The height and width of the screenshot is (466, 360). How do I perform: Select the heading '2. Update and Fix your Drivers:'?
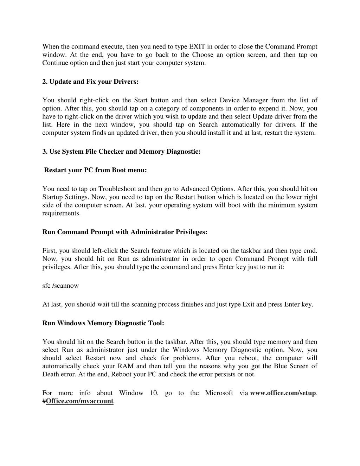tap(90, 82)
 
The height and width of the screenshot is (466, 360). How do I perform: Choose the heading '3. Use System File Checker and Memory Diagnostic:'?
tap(121, 152)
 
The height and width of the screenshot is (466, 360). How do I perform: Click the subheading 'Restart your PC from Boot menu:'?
tap(95, 170)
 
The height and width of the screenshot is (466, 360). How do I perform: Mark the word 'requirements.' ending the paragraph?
tap(62, 213)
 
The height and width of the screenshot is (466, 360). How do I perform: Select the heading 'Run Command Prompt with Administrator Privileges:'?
tap(125, 232)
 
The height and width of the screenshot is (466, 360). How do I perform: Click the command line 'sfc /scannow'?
tap(60, 286)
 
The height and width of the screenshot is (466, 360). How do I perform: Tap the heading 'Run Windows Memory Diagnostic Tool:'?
tap(103, 323)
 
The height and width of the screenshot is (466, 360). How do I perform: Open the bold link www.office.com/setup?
tap(283, 393)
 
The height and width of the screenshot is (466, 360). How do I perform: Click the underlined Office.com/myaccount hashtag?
tap(79, 401)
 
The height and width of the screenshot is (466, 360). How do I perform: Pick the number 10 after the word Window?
tap(154, 393)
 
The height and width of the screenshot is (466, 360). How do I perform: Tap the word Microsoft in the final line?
tap(219, 393)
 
